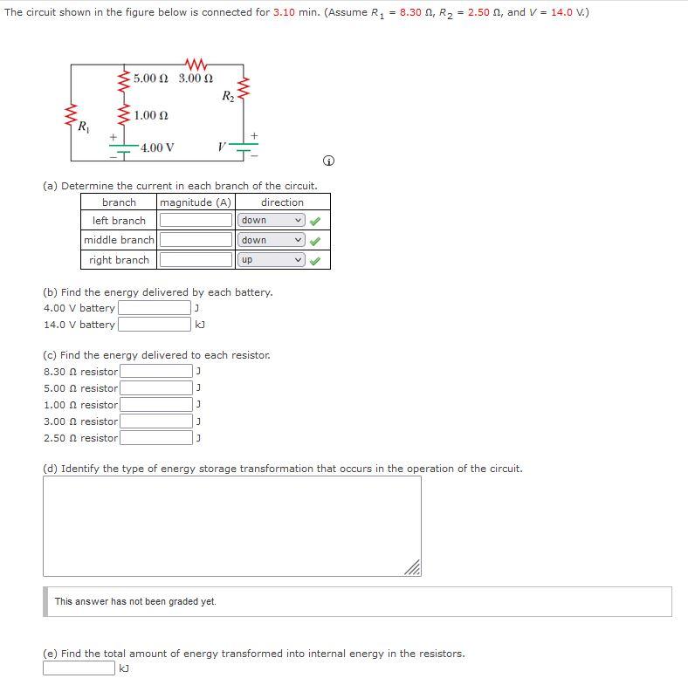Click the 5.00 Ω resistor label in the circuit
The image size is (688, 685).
pyautogui.click(x=151, y=79)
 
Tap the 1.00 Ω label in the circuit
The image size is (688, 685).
pyautogui.click(x=151, y=115)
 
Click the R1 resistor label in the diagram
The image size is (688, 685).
pyautogui.click(x=83, y=127)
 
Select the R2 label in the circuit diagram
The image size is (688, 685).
pyautogui.click(x=228, y=95)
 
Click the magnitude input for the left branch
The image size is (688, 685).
pyautogui.click(x=196, y=220)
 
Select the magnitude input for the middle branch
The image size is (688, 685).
pyautogui.click(x=196, y=240)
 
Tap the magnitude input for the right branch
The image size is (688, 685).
pyautogui.click(x=196, y=260)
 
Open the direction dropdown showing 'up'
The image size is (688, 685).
pyautogui.click(x=272, y=260)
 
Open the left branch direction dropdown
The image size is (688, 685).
pyautogui.click(x=272, y=220)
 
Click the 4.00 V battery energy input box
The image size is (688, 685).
pyautogui.click(x=154, y=308)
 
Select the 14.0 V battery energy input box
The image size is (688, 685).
pyautogui.click(x=154, y=325)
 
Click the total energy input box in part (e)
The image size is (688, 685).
pyautogui.click(x=79, y=668)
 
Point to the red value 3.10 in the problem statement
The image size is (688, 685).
pyautogui.click(x=284, y=13)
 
